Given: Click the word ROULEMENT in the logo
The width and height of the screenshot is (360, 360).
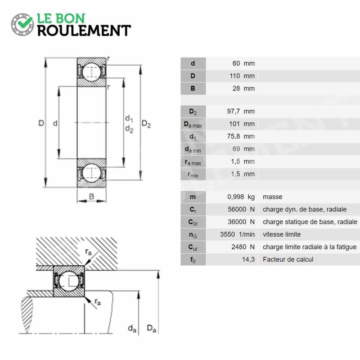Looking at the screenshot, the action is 84,31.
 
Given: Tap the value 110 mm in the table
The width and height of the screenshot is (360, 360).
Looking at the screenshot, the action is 242,76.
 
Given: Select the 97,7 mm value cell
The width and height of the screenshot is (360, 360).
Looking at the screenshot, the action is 241,111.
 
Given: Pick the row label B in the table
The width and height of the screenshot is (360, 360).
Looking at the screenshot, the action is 193,88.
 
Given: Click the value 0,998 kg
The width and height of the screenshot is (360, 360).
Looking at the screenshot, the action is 241,197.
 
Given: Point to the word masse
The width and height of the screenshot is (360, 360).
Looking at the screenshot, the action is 273,197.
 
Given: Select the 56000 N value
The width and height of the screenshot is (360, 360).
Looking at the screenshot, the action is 241,209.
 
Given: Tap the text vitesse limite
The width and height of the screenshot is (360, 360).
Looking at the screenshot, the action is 282,234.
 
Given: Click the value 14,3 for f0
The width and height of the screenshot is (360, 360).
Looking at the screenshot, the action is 248,260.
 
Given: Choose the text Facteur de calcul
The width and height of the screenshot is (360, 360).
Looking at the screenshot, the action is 288,260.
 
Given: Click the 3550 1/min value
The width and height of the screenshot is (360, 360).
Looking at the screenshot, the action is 238,234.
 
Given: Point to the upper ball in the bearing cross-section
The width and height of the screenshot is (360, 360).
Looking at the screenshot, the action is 91,72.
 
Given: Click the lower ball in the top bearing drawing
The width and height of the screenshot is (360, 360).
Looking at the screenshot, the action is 91,173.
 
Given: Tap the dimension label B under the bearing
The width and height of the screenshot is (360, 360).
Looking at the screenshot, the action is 91,197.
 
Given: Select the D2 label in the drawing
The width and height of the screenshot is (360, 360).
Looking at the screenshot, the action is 146,124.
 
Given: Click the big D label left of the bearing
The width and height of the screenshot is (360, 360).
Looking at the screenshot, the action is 41,123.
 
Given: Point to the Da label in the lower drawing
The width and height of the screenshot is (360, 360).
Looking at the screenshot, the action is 152,328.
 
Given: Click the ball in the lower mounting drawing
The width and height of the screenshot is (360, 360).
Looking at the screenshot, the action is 69,281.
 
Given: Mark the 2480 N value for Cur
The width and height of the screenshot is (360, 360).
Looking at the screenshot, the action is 243,247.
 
